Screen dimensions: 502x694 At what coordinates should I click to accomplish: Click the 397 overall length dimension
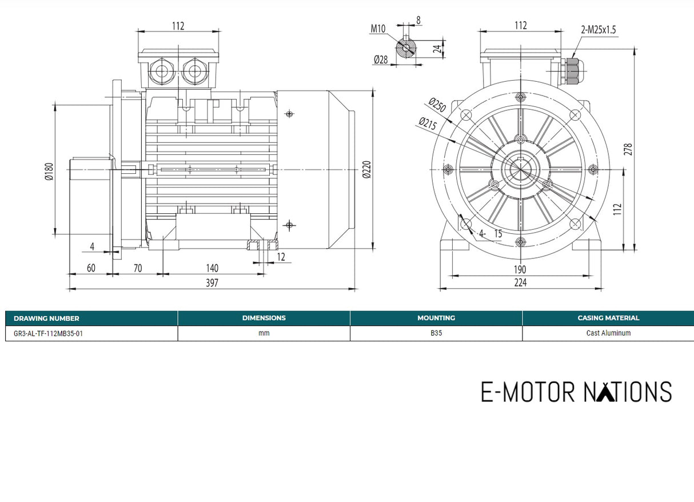[212, 282]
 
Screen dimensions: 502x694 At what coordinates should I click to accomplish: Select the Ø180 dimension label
[49, 171]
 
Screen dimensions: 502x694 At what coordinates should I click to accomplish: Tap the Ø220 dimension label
[366, 169]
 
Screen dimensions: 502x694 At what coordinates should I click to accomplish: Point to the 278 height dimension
[628, 149]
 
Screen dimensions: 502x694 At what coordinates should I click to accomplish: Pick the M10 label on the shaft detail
[377, 29]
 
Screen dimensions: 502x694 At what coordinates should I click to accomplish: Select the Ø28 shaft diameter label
[381, 59]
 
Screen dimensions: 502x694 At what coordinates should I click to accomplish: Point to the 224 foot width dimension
[520, 282]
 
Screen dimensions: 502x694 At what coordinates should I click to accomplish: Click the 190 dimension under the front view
[520, 269]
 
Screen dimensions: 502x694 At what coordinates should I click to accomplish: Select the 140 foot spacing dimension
[212, 268]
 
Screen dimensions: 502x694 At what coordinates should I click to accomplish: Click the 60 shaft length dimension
[90, 268]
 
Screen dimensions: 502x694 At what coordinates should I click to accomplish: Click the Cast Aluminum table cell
[608, 333]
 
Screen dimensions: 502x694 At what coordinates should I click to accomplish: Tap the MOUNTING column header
[436, 318]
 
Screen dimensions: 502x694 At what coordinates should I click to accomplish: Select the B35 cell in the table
[436, 333]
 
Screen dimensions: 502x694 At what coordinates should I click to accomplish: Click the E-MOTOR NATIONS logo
[576, 392]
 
